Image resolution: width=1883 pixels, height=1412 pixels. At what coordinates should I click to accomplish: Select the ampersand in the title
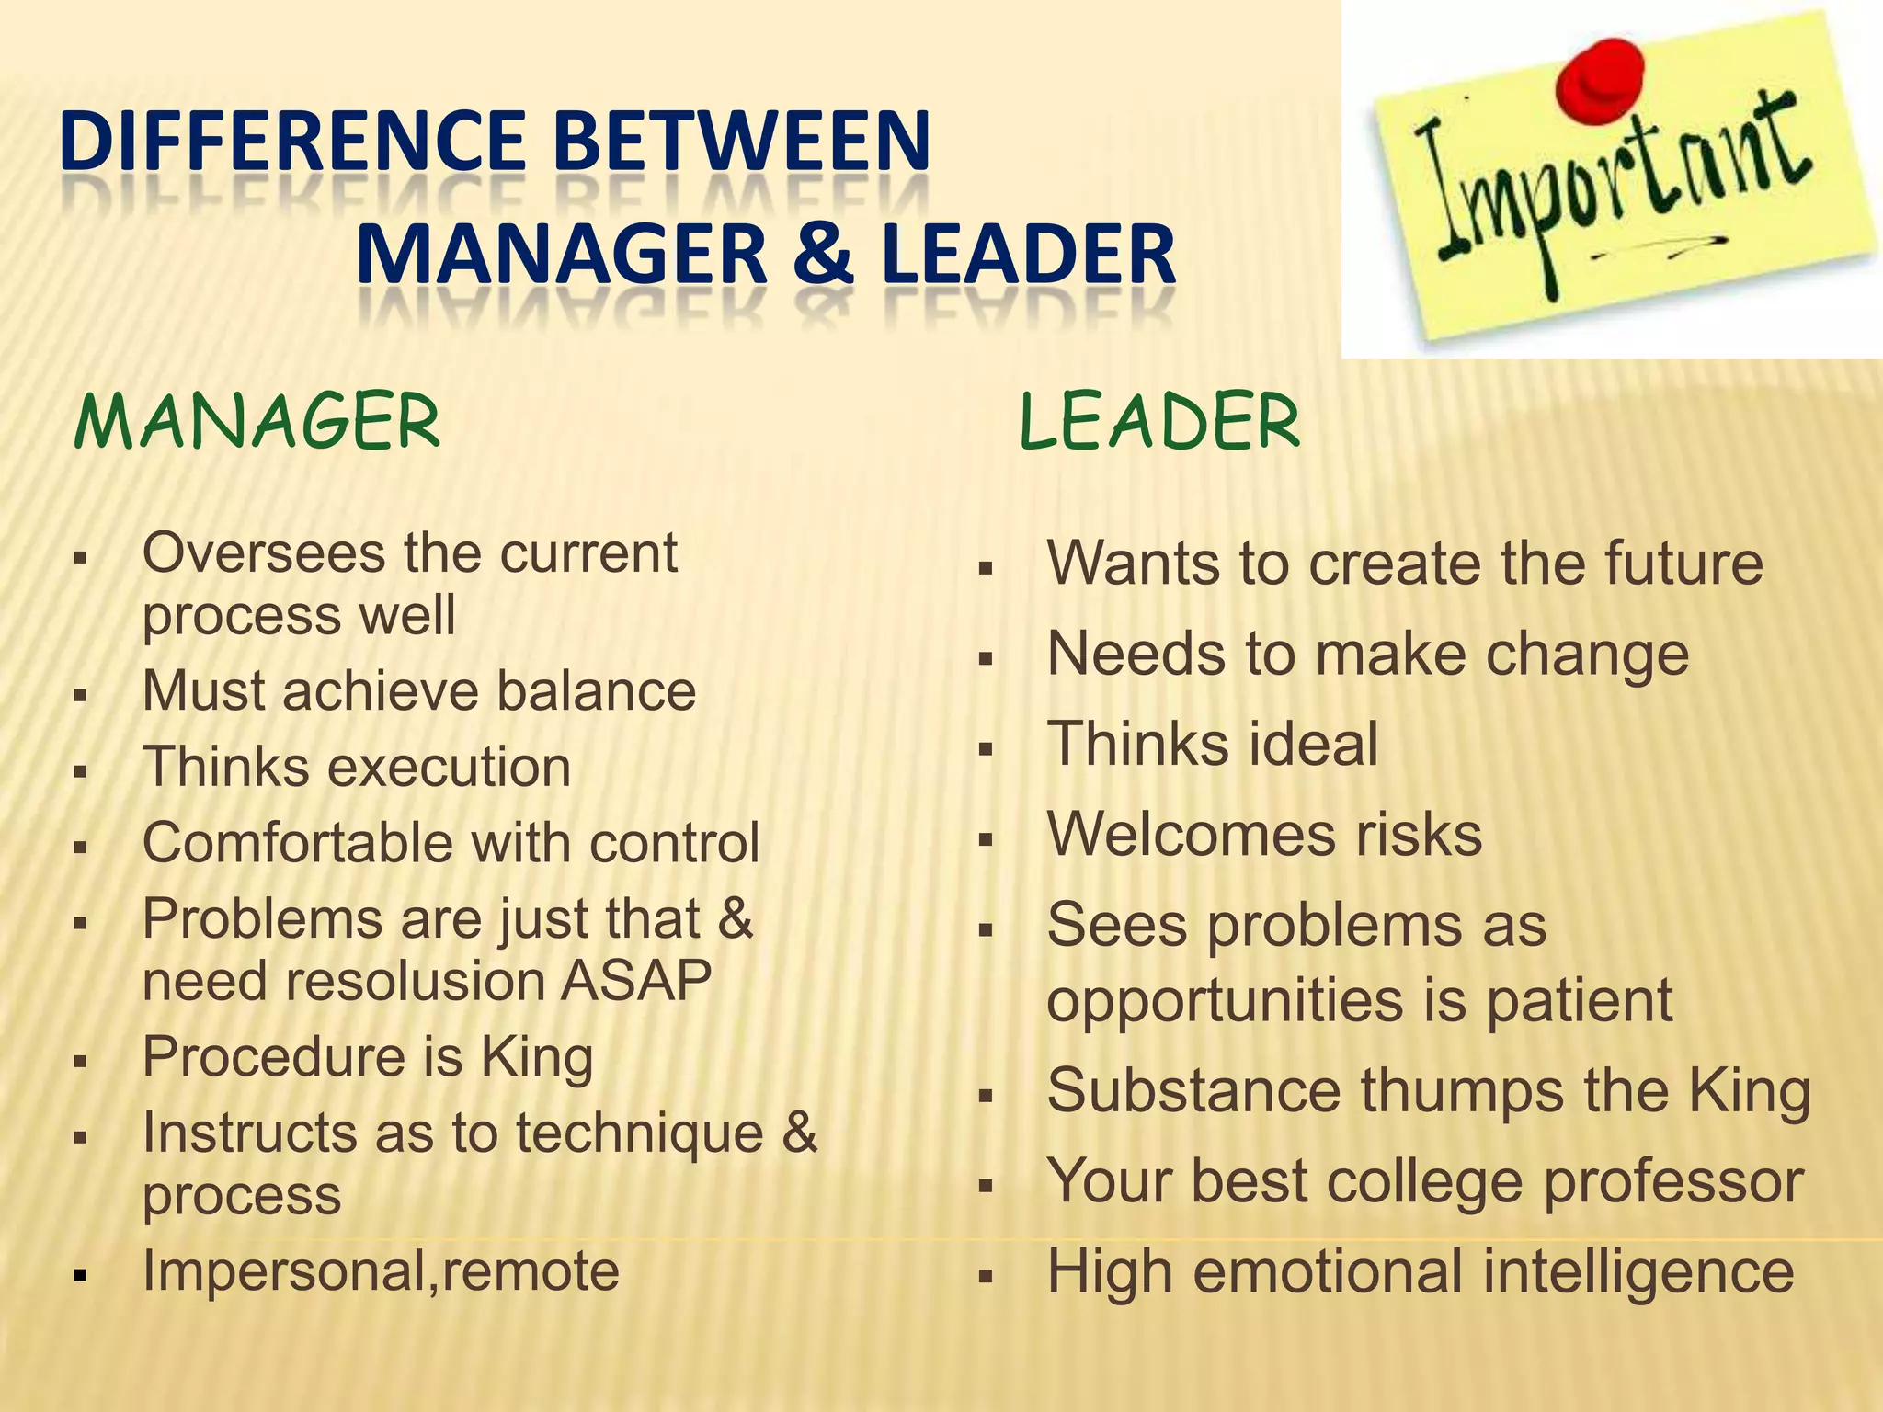(x=823, y=255)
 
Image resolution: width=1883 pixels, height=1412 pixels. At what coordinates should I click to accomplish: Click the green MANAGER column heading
(x=257, y=422)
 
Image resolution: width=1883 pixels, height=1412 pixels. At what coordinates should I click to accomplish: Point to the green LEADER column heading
(x=1160, y=422)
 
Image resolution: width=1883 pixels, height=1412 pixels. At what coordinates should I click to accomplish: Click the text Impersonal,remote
(x=381, y=1271)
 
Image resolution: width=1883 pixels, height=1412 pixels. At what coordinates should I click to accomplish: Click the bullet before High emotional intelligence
(x=986, y=1277)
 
